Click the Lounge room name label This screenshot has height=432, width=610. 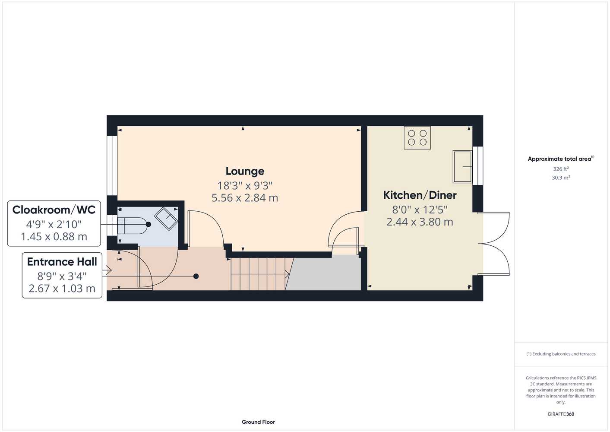point(245,171)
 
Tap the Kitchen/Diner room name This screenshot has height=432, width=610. point(420,195)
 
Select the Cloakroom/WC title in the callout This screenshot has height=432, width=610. point(54,210)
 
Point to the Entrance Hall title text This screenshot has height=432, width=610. point(62,262)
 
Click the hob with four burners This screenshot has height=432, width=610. point(417,138)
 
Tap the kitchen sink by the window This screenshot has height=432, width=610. point(462,166)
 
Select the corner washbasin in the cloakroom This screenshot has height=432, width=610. point(167,219)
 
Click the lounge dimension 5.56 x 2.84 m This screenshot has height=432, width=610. point(245,198)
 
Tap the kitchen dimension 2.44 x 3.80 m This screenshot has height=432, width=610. point(420,222)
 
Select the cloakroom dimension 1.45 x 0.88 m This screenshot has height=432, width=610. point(54,237)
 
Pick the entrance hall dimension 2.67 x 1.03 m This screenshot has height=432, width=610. point(62,289)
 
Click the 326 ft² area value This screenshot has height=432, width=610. point(561,169)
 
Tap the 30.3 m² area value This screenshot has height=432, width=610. point(561,178)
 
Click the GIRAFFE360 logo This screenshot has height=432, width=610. point(561,414)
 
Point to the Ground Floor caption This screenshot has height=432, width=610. point(259,422)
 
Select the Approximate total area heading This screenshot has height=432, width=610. point(561,159)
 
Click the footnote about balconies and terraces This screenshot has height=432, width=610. point(561,354)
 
